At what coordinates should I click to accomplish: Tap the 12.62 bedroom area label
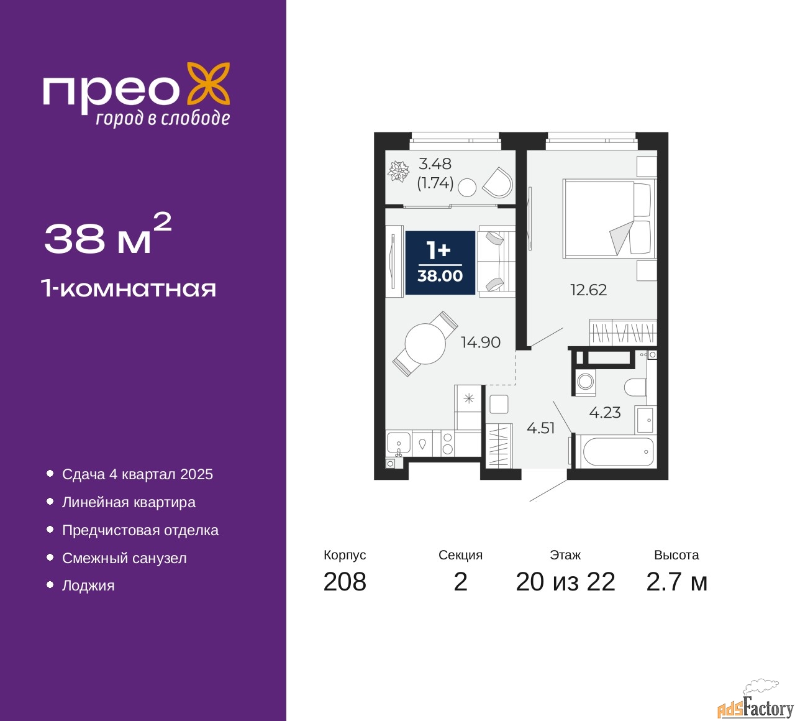point(588,290)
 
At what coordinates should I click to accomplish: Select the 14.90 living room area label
point(480,342)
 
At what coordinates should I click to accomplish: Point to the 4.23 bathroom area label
point(604,413)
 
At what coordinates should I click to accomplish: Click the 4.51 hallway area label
point(540,428)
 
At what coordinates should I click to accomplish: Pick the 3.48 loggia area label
point(435,163)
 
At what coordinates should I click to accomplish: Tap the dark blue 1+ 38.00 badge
point(440,262)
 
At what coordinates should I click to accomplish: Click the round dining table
point(425,344)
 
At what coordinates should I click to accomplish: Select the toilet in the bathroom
point(635,387)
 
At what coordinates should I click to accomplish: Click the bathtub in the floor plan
point(616,452)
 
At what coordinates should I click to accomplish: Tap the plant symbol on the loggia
point(398,172)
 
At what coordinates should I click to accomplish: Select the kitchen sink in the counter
point(398,444)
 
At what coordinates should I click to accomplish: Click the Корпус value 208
point(345,582)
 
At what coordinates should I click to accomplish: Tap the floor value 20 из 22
point(565,582)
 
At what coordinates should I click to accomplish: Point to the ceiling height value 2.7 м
point(676,582)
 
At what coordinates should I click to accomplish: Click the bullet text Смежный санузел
point(124,558)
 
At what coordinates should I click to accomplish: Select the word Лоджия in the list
point(88,586)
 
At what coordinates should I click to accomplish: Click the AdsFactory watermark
point(756,704)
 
